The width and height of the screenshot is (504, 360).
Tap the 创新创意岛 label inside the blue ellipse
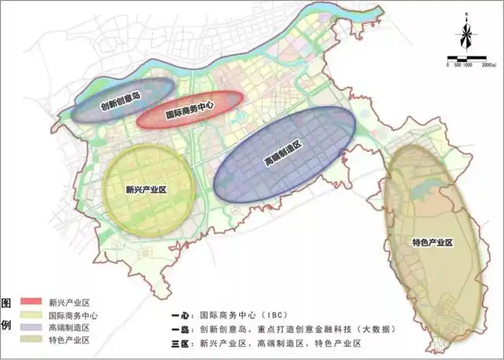(x=120, y=102)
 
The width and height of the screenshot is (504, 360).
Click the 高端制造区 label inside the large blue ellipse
(x=282, y=154)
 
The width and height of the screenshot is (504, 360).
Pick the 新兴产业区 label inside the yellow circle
(x=145, y=190)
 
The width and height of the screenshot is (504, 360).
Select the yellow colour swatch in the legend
(x=33, y=315)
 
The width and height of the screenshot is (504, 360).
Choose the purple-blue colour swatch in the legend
(x=33, y=328)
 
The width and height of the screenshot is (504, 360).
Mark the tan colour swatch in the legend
(x=33, y=341)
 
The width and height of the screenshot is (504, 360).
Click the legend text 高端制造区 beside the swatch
(x=68, y=328)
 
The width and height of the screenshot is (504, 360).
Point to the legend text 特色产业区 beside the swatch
(x=68, y=341)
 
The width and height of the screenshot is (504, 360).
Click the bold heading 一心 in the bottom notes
(x=183, y=315)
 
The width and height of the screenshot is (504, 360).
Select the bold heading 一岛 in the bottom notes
(x=183, y=328)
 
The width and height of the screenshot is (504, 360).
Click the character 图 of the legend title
(x=7, y=302)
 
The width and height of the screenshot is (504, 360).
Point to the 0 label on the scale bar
(x=449, y=65)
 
